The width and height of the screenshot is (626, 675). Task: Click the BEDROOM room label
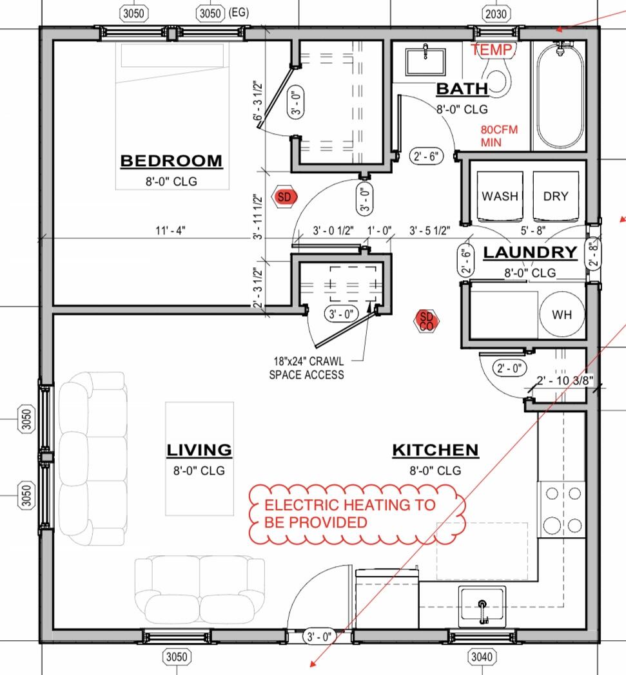pyautogui.click(x=171, y=160)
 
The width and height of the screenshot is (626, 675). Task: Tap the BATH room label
pyautogui.click(x=462, y=89)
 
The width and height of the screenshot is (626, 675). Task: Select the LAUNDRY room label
pyautogui.click(x=529, y=252)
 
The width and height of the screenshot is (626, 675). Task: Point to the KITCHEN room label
pyautogui.click(x=435, y=450)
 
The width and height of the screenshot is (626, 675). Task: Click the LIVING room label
pyautogui.click(x=199, y=450)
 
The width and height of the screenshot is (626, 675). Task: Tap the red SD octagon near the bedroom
pyautogui.click(x=284, y=197)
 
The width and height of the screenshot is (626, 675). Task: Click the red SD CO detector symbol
pyautogui.click(x=427, y=321)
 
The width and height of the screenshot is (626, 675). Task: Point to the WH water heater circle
pyautogui.click(x=560, y=315)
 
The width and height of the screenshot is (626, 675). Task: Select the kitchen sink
pyautogui.click(x=482, y=606)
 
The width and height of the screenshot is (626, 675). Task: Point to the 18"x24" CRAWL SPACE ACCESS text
pyautogui.click(x=307, y=368)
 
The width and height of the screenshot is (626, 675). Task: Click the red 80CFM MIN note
pyautogui.click(x=499, y=135)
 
